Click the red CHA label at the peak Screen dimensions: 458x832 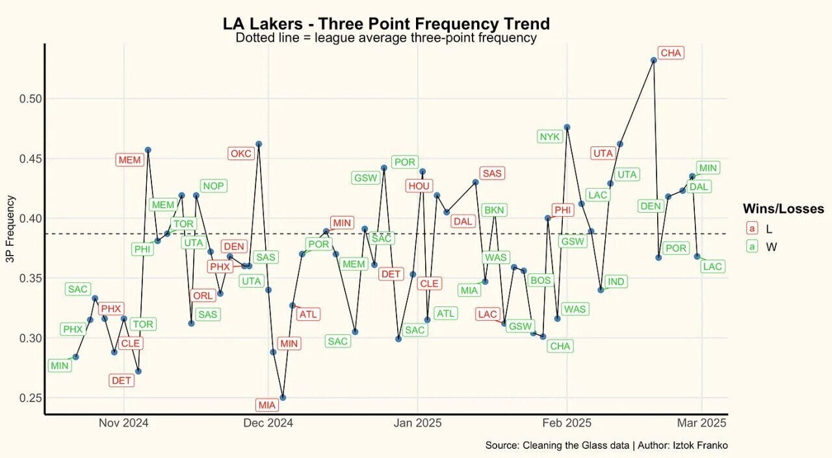pyautogui.click(x=671, y=53)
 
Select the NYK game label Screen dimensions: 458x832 pyautogui.click(x=549, y=137)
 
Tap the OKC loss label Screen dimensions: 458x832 pyautogui.click(x=240, y=154)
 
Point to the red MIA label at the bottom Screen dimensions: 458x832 pyautogui.click(x=267, y=405)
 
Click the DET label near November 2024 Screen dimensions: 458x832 pyautogui.click(x=122, y=381)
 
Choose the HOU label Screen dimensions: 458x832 pyautogui.click(x=419, y=186)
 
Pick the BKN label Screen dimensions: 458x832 pyautogui.click(x=495, y=210)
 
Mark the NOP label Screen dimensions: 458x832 pyautogui.click(x=213, y=186)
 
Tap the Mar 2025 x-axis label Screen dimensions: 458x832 pyautogui.click(x=702, y=423)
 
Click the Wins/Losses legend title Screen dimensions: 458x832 pyautogui.click(x=783, y=209)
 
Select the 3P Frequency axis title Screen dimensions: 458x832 pyautogui.click(x=10, y=229)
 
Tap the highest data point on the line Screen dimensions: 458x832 pyautogui.click(x=653, y=60)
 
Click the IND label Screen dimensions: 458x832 pyautogui.click(x=616, y=282)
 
